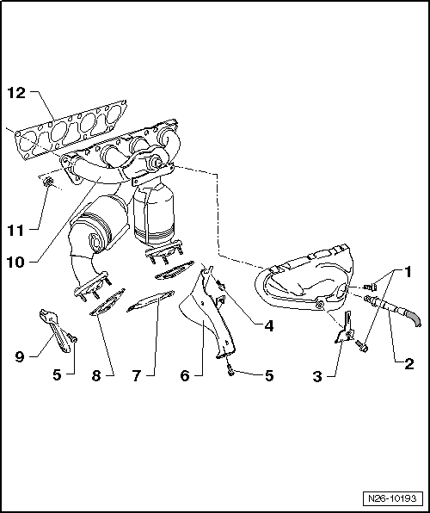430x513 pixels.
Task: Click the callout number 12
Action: click(17, 93)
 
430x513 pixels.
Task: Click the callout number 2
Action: click(408, 364)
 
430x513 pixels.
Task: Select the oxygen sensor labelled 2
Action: click(391, 306)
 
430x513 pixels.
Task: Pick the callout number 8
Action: click(96, 376)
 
